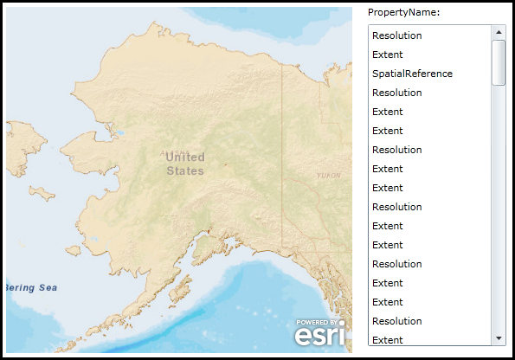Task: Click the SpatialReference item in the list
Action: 412,74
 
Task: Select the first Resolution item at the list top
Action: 396,35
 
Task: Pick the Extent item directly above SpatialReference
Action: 387,55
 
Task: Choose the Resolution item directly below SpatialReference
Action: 396,93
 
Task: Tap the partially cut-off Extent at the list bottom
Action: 387,339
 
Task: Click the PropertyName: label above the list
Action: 403,12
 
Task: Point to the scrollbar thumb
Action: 499,62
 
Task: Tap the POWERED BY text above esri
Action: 319,321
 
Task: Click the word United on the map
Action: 185,157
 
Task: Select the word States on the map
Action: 185,170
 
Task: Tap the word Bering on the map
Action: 20,287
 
